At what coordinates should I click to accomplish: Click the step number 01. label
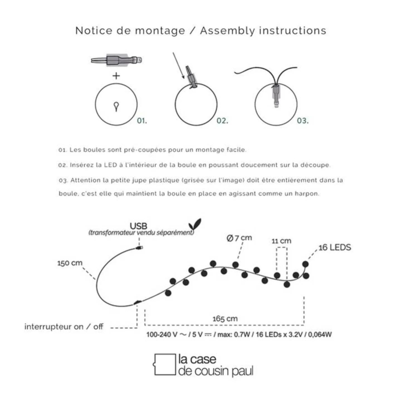pyautogui.click(x=142, y=121)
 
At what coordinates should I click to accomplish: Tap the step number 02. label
pyautogui.click(x=222, y=121)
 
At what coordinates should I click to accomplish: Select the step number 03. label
pyautogui.click(x=302, y=121)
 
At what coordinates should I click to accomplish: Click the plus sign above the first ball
pyautogui.click(x=116, y=76)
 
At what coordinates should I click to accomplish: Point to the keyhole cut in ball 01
pyautogui.click(x=116, y=106)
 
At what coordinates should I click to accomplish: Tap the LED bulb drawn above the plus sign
pyautogui.click(x=116, y=60)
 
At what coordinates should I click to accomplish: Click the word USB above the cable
pyautogui.click(x=138, y=226)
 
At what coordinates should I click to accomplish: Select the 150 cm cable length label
pyautogui.click(x=70, y=263)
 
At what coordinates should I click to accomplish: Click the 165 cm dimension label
pyautogui.click(x=225, y=319)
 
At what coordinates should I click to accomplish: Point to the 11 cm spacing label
pyautogui.click(x=281, y=241)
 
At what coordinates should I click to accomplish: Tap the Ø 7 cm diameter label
pyautogui.click(x=239, y=238)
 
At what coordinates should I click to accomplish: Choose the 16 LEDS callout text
pyautogui.click(x=335, y=248)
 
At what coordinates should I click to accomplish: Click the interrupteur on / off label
pyautogui.click(x=64, y=327)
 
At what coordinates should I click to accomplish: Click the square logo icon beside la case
pyautogui.click(x=165, y=365)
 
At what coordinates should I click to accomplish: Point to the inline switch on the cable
pyautogui.click(x=138, y=302)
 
